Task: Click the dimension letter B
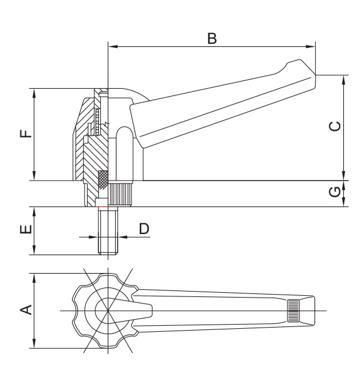point(211,38)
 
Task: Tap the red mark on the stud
point(103,208)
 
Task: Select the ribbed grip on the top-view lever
point(293,310)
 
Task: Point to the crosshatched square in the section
point(103,178)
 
